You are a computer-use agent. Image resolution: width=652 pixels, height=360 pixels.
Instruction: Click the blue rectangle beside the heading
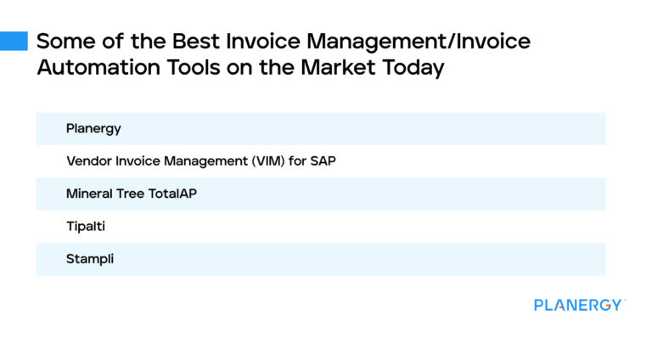(14, 41)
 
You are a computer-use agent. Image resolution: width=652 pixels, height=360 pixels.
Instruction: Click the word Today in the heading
(413, 68)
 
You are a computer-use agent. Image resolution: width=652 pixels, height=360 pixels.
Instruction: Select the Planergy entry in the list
(93, 129)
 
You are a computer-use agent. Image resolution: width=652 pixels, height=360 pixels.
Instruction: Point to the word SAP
(323, 161)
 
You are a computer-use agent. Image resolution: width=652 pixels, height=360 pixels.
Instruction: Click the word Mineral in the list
(89, 194)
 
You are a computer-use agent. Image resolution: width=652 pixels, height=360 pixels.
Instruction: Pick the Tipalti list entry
(85, 227)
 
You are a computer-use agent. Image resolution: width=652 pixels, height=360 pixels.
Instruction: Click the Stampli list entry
(90, 259)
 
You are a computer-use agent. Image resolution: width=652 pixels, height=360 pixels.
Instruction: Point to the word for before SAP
(297, 161)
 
